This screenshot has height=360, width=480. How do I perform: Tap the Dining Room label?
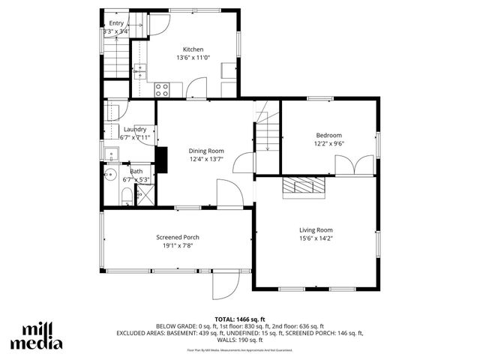click(205, 151)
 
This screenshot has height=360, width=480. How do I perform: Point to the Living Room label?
click(316, 230)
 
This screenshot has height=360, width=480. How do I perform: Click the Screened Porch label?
click(177, 237)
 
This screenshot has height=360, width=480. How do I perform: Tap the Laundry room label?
click(135, 129)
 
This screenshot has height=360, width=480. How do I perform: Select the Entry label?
click(116, 23)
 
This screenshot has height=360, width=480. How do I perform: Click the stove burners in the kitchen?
click(161, 89)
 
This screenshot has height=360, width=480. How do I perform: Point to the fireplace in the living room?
click(304, 186)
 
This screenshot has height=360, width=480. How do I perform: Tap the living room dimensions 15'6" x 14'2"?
click(316, 238)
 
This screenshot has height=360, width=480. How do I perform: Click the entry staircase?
click(116, 52)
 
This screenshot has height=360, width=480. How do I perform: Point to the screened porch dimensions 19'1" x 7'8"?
click(177, 245)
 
